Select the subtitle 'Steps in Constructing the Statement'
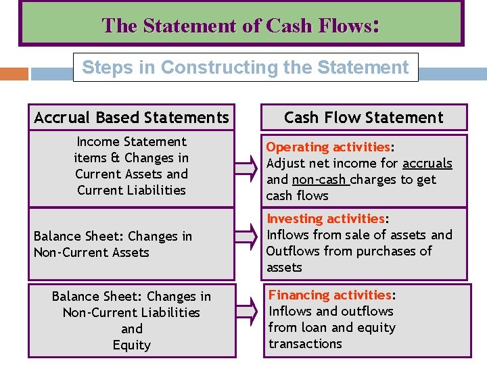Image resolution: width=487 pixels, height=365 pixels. click(x=245, y=68)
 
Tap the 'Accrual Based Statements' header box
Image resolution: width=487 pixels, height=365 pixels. click(x=131, y=118)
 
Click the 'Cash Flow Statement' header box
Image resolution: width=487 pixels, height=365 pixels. click(x=363, y=118)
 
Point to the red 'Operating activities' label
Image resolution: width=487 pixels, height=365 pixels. click(x=328, y=147)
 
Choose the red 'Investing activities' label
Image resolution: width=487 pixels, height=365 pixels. click(x=325, y=218)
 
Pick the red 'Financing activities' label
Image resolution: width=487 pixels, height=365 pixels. click(x=330, y=295)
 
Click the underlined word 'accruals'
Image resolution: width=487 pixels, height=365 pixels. click(x=427, y=163)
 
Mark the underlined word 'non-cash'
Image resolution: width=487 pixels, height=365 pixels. click(x=319, y=179)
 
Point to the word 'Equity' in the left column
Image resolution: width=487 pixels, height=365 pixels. click(x=131, y=345)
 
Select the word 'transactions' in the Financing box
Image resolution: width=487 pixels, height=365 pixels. click(x=305, y=343)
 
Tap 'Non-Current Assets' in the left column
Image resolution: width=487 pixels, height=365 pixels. click(x=91, y=252)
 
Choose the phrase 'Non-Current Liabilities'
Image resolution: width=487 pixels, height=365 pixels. click(x=131, y=312)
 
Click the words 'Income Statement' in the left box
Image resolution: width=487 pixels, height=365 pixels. click(x=131, y=141)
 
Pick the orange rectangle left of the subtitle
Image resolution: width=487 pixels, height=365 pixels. click(x=14, y=74)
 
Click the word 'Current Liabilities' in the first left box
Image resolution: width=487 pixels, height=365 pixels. click(x=131, y=190)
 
